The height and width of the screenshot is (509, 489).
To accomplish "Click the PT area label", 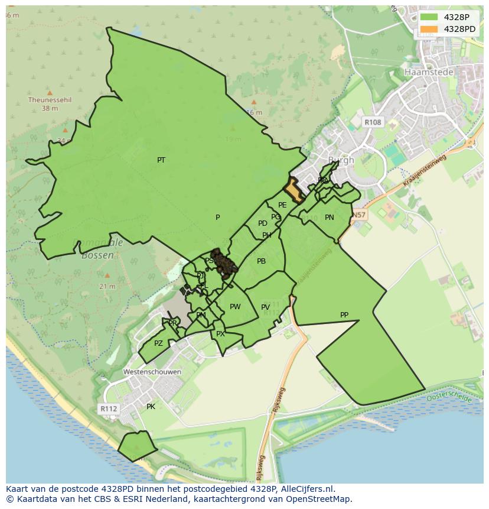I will (161, 160).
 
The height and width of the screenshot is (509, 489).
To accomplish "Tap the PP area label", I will (344, 315).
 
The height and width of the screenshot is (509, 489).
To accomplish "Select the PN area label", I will (330, 218).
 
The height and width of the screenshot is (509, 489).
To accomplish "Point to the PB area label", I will (261, 261).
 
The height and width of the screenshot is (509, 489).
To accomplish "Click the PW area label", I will (235, 307).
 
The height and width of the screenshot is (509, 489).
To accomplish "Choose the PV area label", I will (265, 307).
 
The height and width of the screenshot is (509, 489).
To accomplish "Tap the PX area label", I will (220, 334).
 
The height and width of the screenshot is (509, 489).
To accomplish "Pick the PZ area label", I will (158, 343).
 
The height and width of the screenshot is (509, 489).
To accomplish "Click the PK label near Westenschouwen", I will (151, 407).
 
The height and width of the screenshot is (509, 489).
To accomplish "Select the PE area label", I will (282, 205).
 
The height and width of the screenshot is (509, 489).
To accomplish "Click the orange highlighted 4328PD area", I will (294, 191).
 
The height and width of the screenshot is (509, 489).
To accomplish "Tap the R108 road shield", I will (373, 122).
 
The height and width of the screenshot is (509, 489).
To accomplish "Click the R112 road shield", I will (108, 409).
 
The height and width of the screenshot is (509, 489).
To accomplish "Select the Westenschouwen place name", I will (152, 372).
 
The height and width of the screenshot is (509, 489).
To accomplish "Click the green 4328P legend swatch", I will (429, 17).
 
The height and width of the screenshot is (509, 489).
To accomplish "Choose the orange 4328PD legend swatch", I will (429, 29).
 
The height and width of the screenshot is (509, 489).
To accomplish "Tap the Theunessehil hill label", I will (50, 100).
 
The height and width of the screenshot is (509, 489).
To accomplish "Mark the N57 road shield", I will (359, 215).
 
